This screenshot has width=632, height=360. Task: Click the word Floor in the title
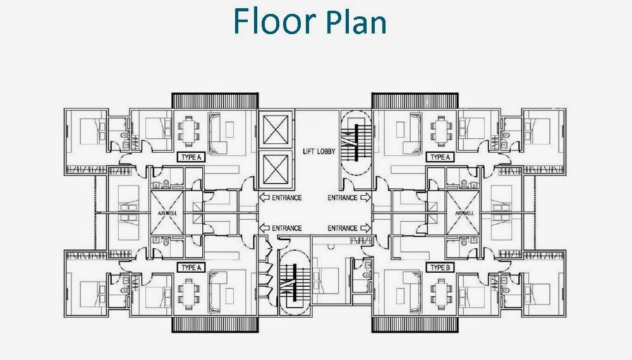[x=273, y=21]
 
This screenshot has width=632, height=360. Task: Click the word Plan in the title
[x=356, y=22]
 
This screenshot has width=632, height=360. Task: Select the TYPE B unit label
[x=438, y=268]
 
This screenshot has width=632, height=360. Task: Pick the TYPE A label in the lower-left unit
[x=190, y=268]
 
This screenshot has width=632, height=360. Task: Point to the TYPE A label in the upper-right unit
[x=438, y=157]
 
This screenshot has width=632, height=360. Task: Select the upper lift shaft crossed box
[x=276, y=132]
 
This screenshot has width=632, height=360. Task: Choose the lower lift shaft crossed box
[x=276, y=170]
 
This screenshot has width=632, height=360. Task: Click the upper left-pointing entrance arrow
[x=264, y=198]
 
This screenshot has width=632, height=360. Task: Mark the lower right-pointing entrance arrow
[x=365, y=228]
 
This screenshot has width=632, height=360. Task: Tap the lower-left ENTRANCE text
[x=286, y=228]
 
